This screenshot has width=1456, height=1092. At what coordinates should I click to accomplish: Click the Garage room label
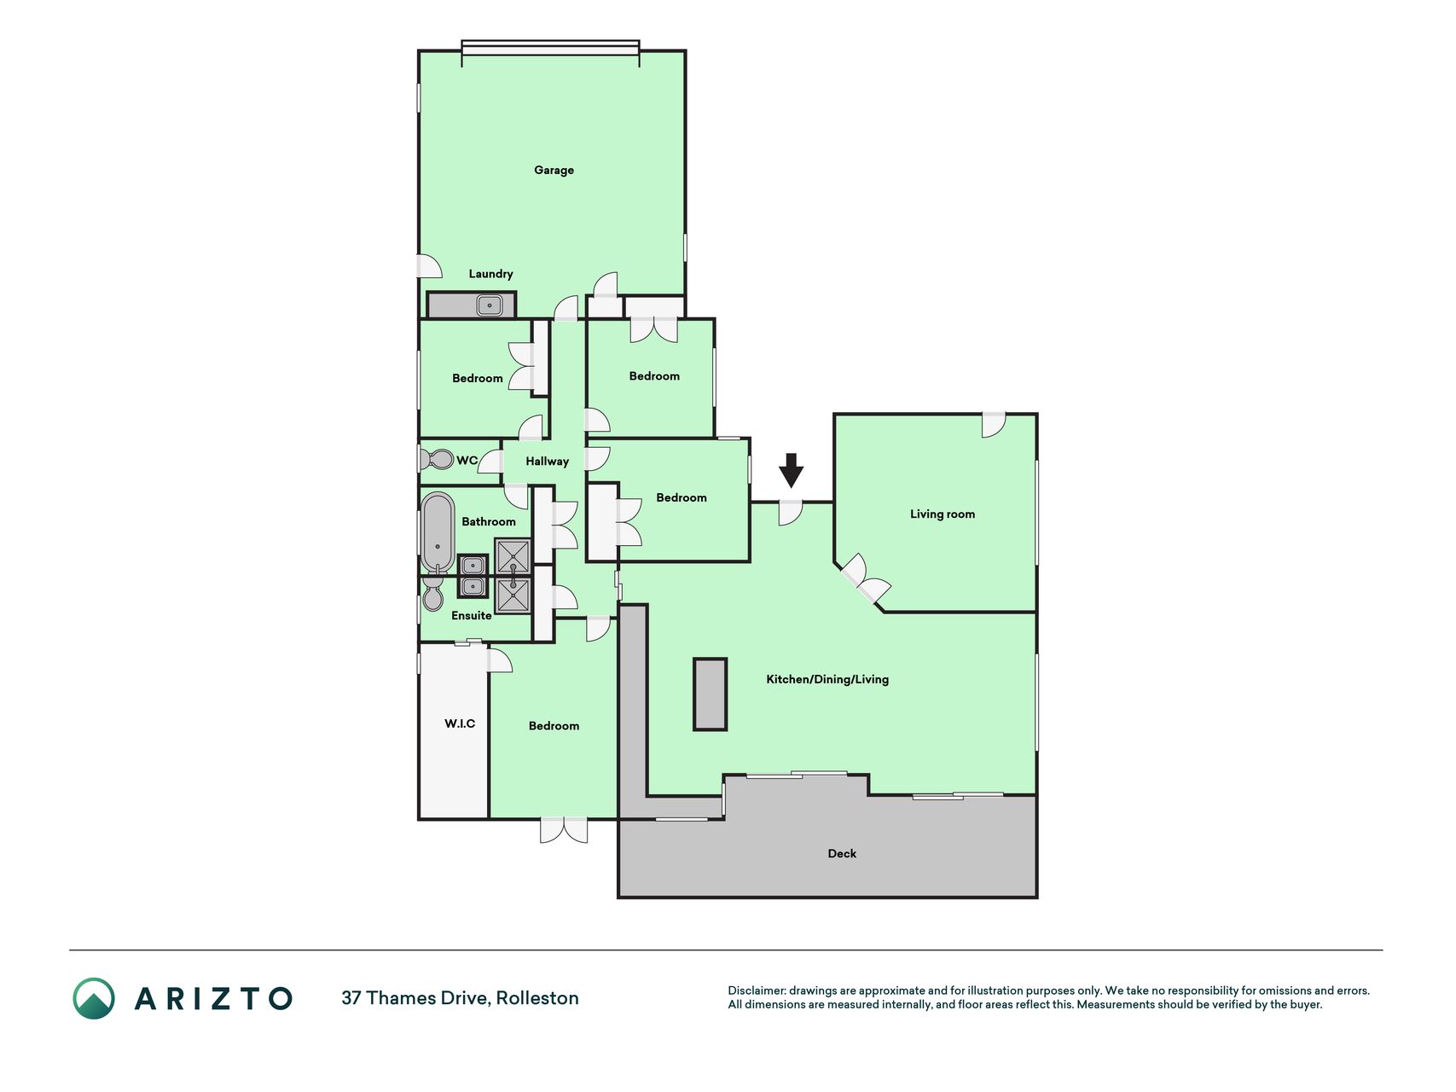point(554,170)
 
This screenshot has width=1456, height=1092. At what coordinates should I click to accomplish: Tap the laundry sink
point(489,305)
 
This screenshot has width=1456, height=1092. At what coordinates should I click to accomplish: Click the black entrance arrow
point(792,470)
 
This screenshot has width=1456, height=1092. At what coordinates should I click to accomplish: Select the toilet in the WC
point(437,459)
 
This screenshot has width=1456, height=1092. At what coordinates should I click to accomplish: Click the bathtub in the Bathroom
point(438,533)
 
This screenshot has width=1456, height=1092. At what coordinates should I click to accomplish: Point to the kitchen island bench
point(710,694)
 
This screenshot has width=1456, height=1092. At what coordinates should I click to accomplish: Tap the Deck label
point(842,853)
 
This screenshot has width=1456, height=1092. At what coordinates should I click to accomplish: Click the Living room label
point(942,514)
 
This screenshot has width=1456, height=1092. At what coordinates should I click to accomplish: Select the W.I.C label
point(460,723)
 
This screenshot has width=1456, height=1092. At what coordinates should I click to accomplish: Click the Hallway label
point(547,462)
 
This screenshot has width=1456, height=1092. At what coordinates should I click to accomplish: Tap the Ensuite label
point(471,615)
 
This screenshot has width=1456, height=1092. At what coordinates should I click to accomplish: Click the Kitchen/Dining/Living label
point(827,679)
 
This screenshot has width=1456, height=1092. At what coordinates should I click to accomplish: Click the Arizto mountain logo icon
point(94,998)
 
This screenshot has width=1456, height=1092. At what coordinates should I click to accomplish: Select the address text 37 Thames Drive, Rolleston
point(460,998)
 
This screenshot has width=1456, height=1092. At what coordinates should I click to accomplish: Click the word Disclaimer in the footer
point(756,990)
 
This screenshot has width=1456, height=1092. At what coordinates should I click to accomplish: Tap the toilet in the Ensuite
point(432,595)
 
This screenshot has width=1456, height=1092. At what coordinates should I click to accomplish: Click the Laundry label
point(490,274)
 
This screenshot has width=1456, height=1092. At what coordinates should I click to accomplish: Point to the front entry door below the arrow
point(791,512)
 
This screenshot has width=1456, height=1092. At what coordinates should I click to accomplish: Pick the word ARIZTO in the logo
point(213,998)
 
